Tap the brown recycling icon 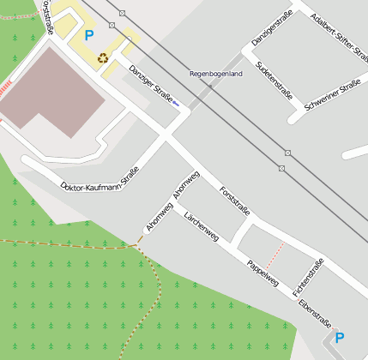[x=103, y=58]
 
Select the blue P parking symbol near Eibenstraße [x=339, y=338]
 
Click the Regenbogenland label [x=216, y=74]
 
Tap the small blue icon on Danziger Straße [x=177, y=102]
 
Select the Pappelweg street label [x=262, y=273]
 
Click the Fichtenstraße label [x=308, y=273]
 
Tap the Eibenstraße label [x=314, y=312]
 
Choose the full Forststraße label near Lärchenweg [x=234, y=200]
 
